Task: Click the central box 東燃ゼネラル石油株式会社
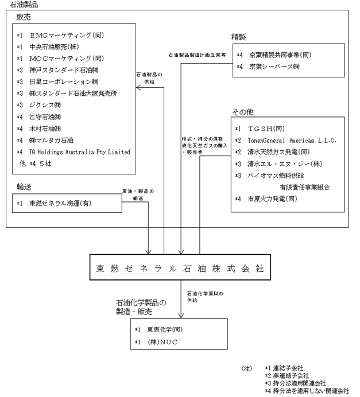click(180, 267)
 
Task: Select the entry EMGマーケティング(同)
click(67, 35)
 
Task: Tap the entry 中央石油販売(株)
click(54, 47)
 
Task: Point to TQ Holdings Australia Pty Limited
click(80, 152)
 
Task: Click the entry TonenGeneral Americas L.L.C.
click(292, 140)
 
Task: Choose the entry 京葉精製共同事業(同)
click(280, 55)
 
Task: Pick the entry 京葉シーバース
click(274, 67)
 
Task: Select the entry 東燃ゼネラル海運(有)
click(60, 203)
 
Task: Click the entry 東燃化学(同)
click(165, 329)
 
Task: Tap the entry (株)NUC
click(162, 342)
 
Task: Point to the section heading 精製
click(239, 37)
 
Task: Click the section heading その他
click(243, 112)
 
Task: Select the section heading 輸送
click(24, 187)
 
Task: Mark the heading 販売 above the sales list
click(24, 17)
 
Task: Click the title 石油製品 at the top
click(24, 5)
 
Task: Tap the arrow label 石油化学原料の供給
click(205, 297)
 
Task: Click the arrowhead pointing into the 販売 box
click(138, 88)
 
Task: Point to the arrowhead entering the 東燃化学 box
click(181, 316)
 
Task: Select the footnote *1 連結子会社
click(284, 368)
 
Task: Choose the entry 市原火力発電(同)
click(272, 198)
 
